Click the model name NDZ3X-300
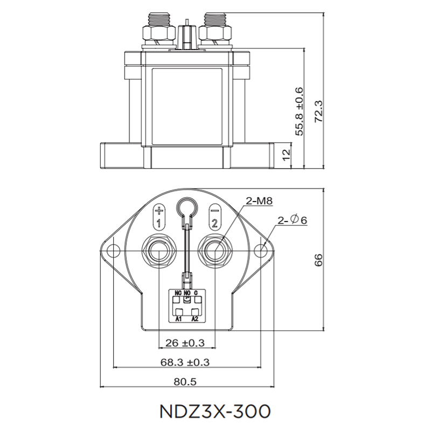[x=215, y=411]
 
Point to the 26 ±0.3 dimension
[x=185, y=342]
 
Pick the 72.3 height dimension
[x=318, y=110]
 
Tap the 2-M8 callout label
[x=259, y=201]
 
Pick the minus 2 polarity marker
[x=214, y=217]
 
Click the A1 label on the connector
[x=177, y=319]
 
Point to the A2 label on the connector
[x=195, y=319]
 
